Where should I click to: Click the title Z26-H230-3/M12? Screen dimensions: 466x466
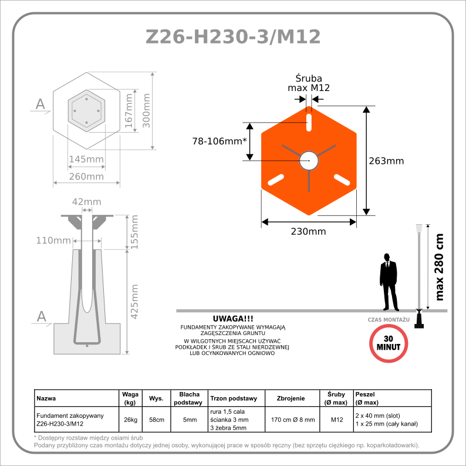(x=233, y=36)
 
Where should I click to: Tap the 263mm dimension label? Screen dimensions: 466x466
(x=386, y=161)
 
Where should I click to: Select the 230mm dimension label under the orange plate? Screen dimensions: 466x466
(x=308, y=231)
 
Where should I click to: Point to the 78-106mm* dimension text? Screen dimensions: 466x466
(x=220, y=141)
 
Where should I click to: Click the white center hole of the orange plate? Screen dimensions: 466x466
(x=308, y=160)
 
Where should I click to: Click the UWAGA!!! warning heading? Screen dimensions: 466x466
(x=233, y=319)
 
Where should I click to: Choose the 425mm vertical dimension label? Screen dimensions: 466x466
(x=134, y=301)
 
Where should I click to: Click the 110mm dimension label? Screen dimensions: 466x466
(x=53, y=241)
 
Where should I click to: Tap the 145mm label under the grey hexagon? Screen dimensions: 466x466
(x=86, y=159)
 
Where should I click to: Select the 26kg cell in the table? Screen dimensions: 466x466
(x=130, y=420)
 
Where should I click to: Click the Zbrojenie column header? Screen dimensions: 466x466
(x=291, y=399)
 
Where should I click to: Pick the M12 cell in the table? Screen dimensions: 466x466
(x=337, y=420)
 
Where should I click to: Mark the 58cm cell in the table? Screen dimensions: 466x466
(x=156, y=420)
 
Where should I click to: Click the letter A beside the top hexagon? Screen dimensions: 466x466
(x=40, y=104)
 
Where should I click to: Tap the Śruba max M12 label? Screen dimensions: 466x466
(x=308, y=83)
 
